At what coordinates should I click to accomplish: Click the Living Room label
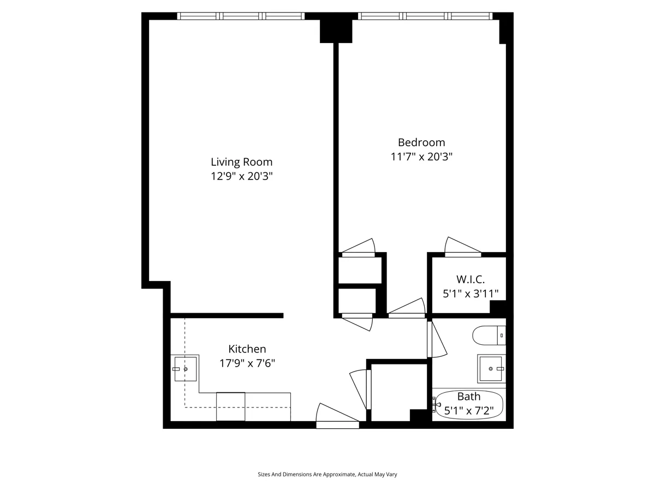(x=241, y=162)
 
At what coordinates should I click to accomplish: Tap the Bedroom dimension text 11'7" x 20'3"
(x=421, y=157)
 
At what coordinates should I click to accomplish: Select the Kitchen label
(x=247, y=349)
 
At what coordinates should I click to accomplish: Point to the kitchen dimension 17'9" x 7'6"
(x=247, y=363)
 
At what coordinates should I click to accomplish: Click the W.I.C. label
(x=470, y=279)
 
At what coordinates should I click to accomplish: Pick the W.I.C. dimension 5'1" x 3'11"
(x=470, y=294)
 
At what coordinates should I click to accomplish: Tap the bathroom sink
(x=491, y=369)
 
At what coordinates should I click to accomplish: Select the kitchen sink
(x=185, y=369)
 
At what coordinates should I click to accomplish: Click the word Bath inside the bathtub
(x=469, y=397)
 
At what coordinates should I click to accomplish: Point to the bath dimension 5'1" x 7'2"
(x=469, y=410)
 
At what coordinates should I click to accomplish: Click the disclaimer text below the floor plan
(x=327, y=475)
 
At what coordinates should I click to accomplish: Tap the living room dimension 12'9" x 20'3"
(x=241, y=176)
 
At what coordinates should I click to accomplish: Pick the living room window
(x=241, y=16)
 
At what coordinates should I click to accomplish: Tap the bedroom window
(x=425, y=16)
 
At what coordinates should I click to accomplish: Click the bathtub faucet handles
(x=436, y=405)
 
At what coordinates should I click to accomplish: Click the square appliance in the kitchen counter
(x=230, y=406)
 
